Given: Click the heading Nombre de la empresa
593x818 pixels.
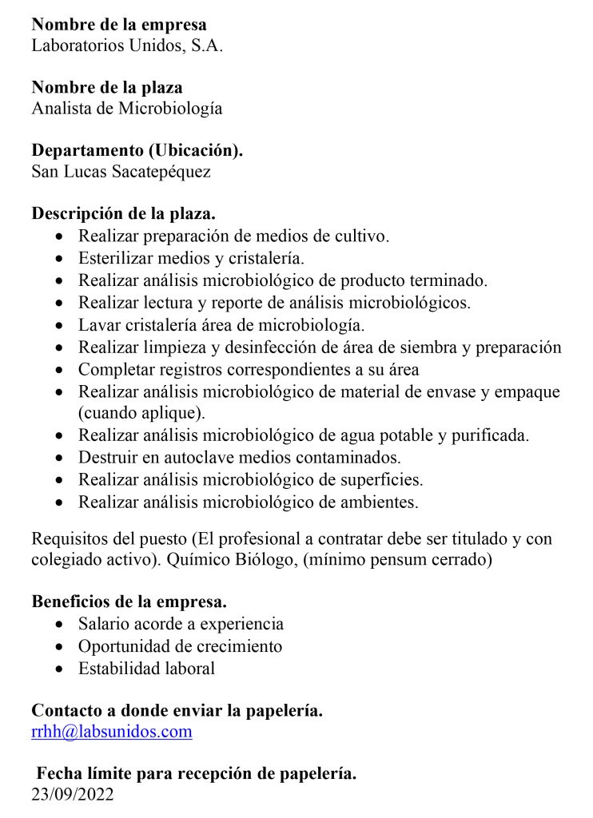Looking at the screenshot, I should coord(119,25).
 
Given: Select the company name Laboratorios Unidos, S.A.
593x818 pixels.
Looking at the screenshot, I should coord(127,46).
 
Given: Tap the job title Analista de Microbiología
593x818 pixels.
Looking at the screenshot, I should coord(127,109).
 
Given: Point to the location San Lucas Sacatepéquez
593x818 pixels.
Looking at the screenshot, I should coord(121,171).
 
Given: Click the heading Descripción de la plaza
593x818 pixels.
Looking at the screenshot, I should coord(124,214).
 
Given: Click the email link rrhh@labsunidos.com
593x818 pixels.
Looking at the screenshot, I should coord(112,732).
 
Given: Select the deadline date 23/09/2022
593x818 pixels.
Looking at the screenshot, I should coord(73,795).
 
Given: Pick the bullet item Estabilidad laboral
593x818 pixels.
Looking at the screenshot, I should coord(146,669).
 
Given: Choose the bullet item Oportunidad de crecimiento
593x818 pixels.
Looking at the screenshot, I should coord(180,646).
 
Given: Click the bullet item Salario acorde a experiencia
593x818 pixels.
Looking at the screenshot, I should coord(181,624).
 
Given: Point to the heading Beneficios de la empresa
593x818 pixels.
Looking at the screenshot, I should coord(129,602).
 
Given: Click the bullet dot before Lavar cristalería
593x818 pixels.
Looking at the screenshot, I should coord(62,326).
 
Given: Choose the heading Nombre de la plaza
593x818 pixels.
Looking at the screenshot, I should coord(107,88).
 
